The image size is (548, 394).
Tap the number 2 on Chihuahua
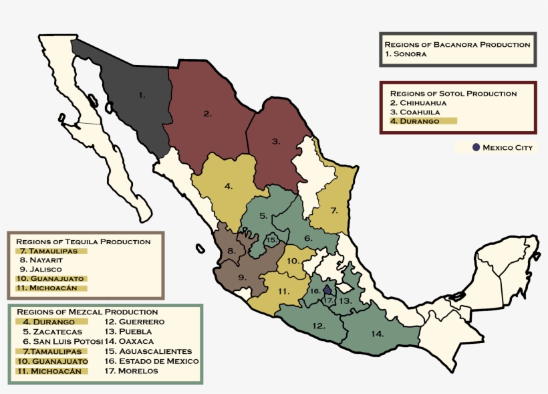[x=207, y=114]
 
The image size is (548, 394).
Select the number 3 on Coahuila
[x=276, y=141]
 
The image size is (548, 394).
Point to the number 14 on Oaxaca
[x=378, y=332]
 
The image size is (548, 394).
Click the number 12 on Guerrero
[x=319, y=326]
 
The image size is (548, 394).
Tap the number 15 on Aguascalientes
[x=271, y=239]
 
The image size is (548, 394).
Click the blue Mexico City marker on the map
[x=327, y=290]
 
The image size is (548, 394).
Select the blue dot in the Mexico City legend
[x=476, y=147]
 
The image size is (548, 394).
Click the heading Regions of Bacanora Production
[x=457, y=44]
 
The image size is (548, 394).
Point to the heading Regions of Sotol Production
[x=453, y=93]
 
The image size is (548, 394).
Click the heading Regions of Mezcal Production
[x=87, y=312]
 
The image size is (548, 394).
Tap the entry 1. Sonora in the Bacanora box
[x=406, y=54]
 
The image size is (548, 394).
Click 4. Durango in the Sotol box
[x=415, y=121]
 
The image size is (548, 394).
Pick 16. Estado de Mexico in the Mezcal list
[x=152, y=361]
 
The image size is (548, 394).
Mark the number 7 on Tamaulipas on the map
[x=333, y=210]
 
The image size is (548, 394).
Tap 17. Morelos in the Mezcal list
[x=132, y=371]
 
